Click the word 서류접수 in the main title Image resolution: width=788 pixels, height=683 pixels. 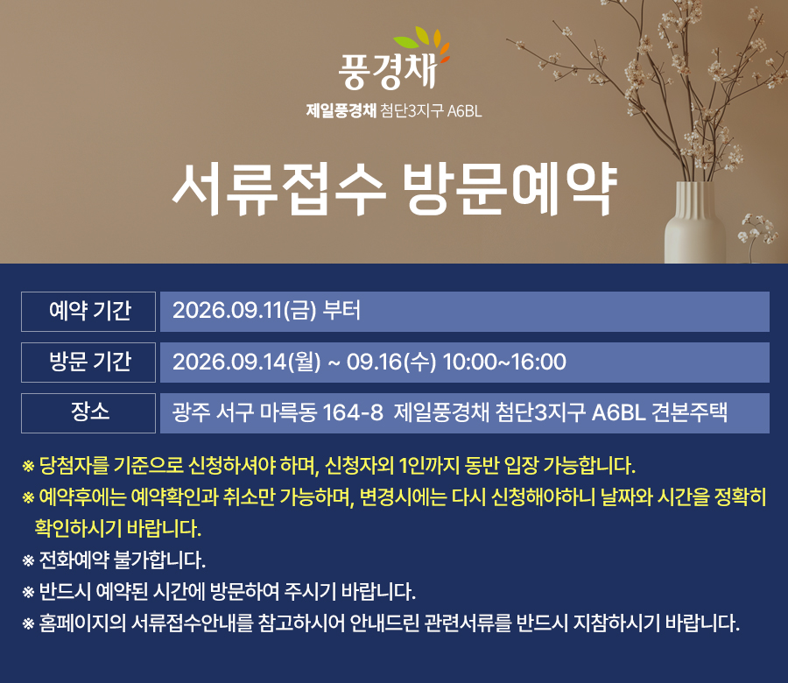pyautogui.click(x=279, y=189)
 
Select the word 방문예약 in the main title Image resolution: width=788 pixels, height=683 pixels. pyautogui.click(x=510, y=189)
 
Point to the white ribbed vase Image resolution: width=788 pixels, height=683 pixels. pyautogui.click(x=695, y=222)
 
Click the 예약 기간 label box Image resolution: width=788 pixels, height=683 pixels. pyautogui.click(x=88, y=312)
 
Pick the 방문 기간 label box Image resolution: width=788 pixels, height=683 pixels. pyautogui.click(x=88, y=363)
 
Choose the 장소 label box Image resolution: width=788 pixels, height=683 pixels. pyautogui.click(x=88, y=413)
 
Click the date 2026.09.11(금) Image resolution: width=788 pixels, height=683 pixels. pyautogui.click(x=244, y=310)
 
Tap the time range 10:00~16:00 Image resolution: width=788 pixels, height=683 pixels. pyautogui.click(x=504, y=362)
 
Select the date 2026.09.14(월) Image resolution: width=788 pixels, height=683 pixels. pyautogui.click(x=246, y=362)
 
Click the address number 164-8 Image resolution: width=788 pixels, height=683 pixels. pyautogui.click(x=353, y=413)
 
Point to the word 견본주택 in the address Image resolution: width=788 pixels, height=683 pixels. pyautogui.click(x=690, y=412)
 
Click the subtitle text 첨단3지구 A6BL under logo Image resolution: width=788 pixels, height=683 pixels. pyautogui.click(x=431, y=110)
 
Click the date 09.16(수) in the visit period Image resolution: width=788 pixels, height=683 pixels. pyautogui.click(x=391, y=362)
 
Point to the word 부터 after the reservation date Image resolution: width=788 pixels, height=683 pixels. pyautogui.click(x=341, y=310)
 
